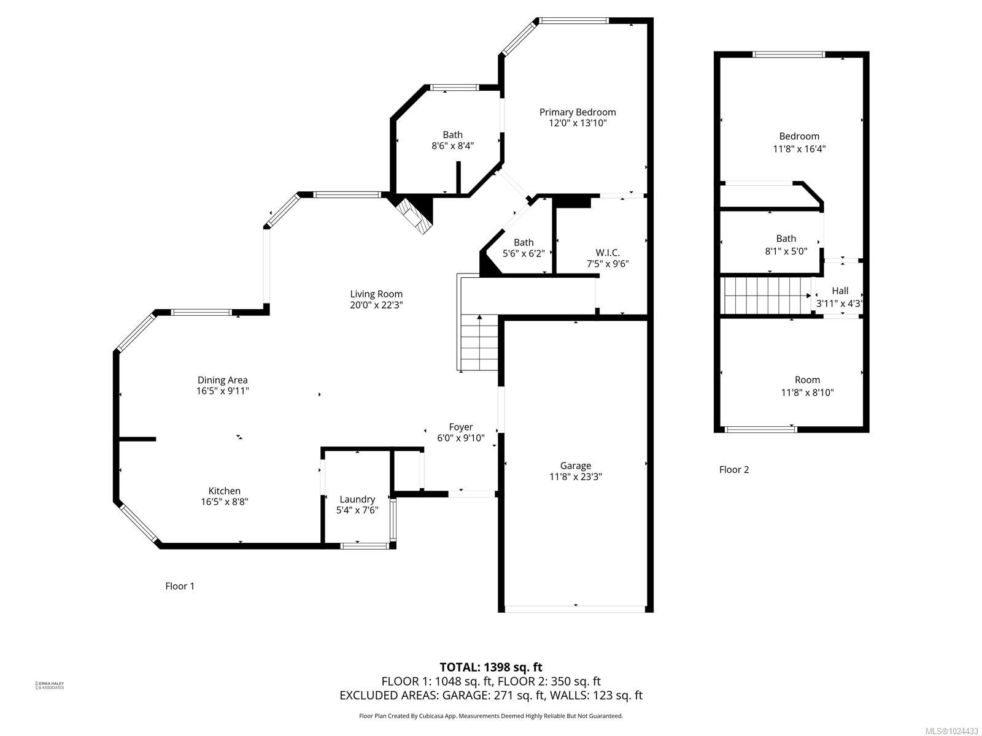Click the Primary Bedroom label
click(x=578, y=112)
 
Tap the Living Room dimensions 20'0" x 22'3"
click(x=376, y=305)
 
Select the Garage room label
click(x=575, y=466)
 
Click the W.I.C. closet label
click(x=608, y=253)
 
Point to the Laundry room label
click(x=357, y=499)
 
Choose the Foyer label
click(x=460, y=427)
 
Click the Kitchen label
click(x=224, y=491)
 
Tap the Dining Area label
click(x=222, y=380)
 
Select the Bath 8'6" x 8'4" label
click(x=453, y=135)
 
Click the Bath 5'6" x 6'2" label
click(x=524, y=242)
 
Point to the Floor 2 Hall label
click(x=840, y=291)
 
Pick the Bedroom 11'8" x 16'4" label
click(x=799, y=136)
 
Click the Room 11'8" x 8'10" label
click(x=807, y=380)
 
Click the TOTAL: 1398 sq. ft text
click(x=491, y=667)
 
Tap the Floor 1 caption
click(x=180, y=586)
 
